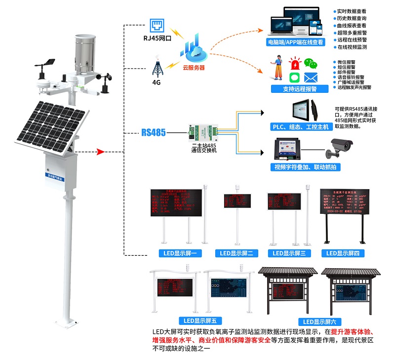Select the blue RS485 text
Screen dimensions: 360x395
[153, 132]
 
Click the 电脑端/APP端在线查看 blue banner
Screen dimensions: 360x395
[296, 42]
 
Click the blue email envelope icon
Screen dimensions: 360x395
[310, 78]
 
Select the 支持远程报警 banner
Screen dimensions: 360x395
[300, 89]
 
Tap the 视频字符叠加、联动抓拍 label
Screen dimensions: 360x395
[304, 167]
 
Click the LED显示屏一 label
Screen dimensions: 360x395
[180, 253]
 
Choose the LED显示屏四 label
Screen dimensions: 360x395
[343, 253]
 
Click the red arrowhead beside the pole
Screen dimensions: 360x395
[101, 152]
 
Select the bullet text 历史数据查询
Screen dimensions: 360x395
[352, 18]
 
